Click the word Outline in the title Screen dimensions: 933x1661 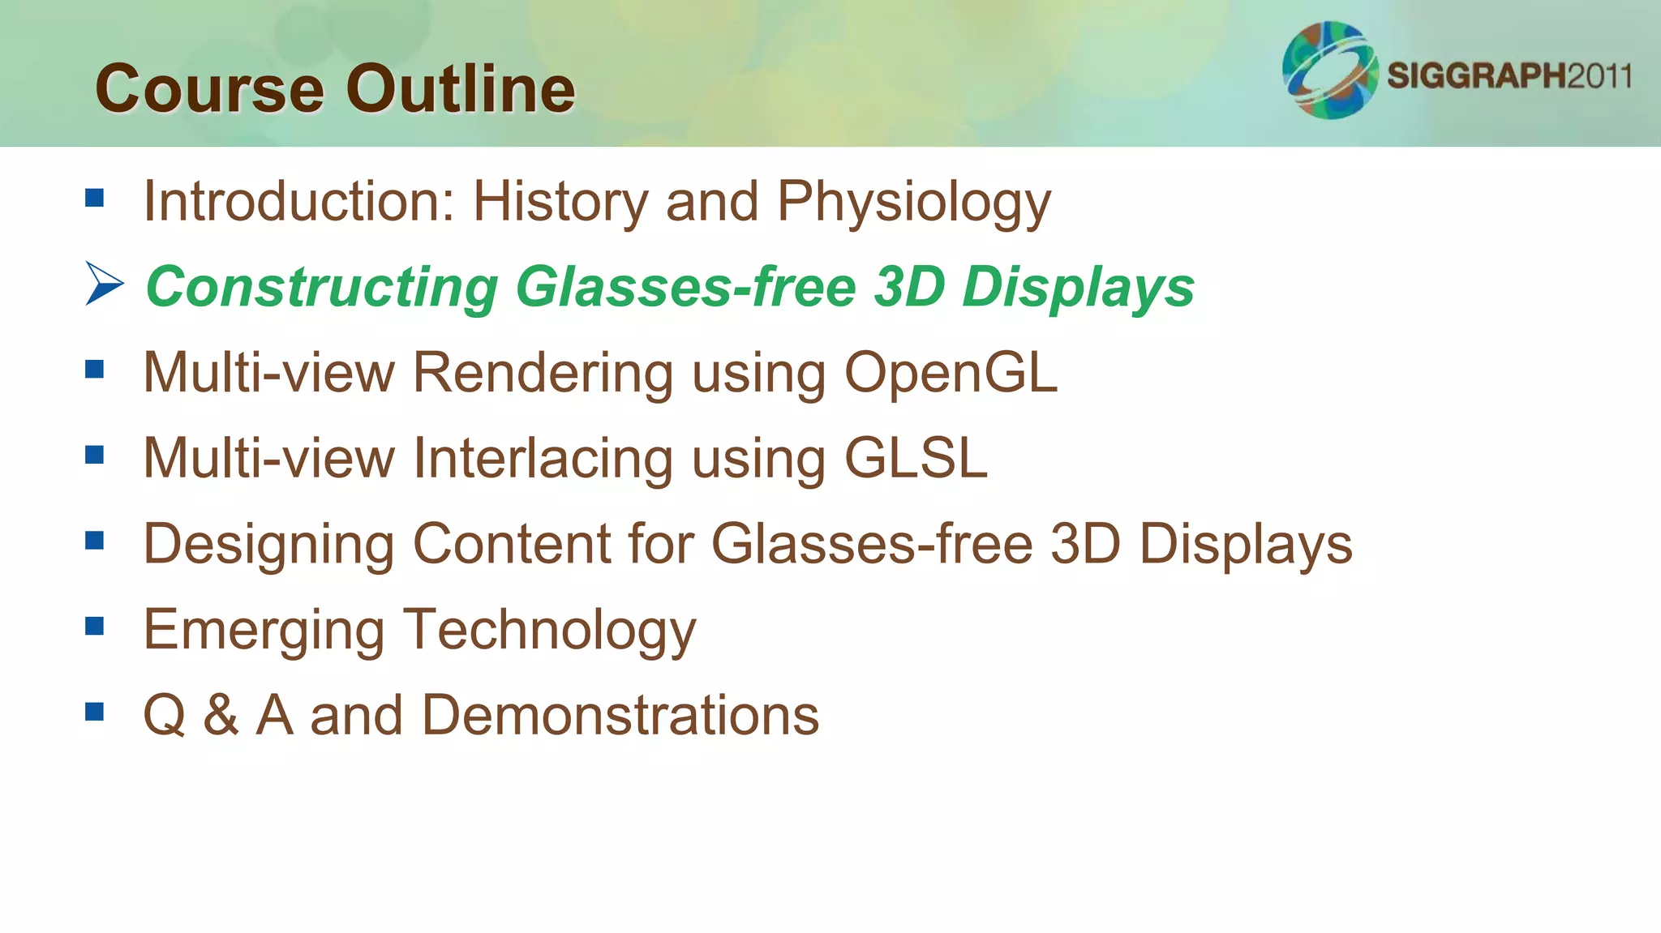point(461,89)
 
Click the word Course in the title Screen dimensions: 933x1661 point(209,89)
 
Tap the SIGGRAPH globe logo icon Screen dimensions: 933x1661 point(1329,71)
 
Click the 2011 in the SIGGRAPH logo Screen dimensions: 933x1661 point(1599,76)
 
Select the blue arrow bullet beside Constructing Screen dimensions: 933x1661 point(104,284)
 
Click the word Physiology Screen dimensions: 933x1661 point(913,203)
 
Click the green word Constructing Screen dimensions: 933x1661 point(322,288)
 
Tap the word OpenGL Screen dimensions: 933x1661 point(951,373)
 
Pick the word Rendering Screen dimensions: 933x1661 point(543,374)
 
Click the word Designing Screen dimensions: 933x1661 point(268,545)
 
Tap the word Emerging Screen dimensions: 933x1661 point(264,631)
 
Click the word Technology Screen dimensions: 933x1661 point(551,631)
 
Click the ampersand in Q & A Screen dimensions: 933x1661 point(221,716)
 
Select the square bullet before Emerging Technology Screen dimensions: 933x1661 point(95,626)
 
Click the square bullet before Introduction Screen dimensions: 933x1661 point(95,198)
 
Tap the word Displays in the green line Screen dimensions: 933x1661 point(1078,288)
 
